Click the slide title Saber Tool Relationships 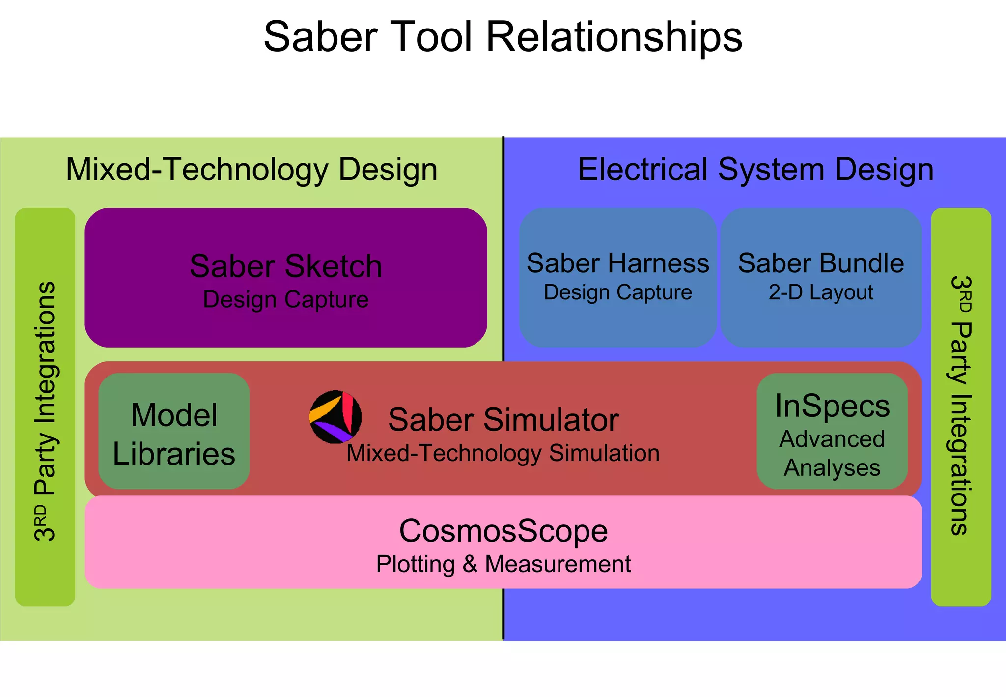503,37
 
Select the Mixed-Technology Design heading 251,170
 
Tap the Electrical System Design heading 755,170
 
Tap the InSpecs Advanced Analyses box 832,432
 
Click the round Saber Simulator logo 335,417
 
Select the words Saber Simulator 503,420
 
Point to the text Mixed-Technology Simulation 503,453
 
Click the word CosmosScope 503,531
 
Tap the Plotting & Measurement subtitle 503,564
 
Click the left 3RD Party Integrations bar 45,407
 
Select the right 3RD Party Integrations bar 961,407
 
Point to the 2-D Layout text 821,292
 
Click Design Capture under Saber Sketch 285,300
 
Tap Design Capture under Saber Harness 617,292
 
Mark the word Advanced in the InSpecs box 832,439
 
